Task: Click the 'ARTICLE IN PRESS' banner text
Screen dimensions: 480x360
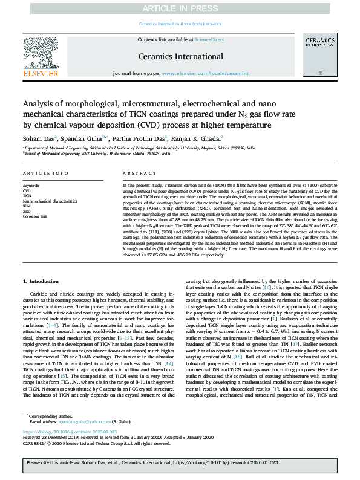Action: [x=180, y=7]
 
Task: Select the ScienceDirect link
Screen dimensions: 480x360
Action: [x=209, y=39]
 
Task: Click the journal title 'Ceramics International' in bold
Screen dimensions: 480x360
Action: [x=180, y=57]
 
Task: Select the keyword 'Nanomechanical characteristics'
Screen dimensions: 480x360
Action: [x=54, y=200]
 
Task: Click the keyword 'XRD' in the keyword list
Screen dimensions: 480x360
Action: [x=27, y=211]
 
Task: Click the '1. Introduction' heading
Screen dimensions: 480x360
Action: [x=42, y=282]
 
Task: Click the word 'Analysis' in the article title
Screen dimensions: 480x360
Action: [x=42, y=103]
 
